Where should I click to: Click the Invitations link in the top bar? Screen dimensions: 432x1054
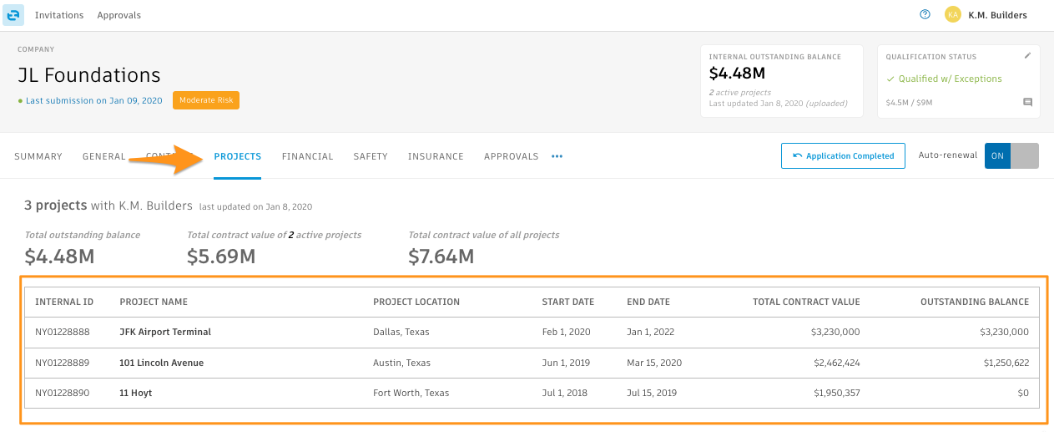[58, 15]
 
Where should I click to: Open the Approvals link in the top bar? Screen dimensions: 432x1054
[119, 15]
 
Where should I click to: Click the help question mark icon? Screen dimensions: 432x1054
[925, 15]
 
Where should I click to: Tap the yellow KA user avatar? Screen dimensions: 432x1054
[952, 15]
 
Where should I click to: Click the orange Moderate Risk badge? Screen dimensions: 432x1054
[206, 100]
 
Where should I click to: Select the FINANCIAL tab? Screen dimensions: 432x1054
[307, 156]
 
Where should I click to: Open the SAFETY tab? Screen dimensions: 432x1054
[370, 156]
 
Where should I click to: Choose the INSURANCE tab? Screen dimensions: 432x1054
[436, 156]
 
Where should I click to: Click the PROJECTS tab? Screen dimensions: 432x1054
[238, 156]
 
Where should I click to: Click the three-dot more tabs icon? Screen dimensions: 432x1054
[557, 156]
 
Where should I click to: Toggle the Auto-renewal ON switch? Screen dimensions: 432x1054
[1011, 155]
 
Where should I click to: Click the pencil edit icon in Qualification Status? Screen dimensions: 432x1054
[1027, 56]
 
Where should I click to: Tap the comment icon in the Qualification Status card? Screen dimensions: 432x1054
[1027, 103]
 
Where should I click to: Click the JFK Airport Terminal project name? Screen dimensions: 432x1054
[165, 332]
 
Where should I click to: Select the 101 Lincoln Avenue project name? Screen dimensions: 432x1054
[161, 363]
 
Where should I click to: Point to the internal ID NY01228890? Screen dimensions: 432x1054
[62, 393]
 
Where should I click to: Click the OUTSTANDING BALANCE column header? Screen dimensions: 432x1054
[974, 302]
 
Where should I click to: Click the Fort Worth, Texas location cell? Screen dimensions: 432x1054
[411, 393]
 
